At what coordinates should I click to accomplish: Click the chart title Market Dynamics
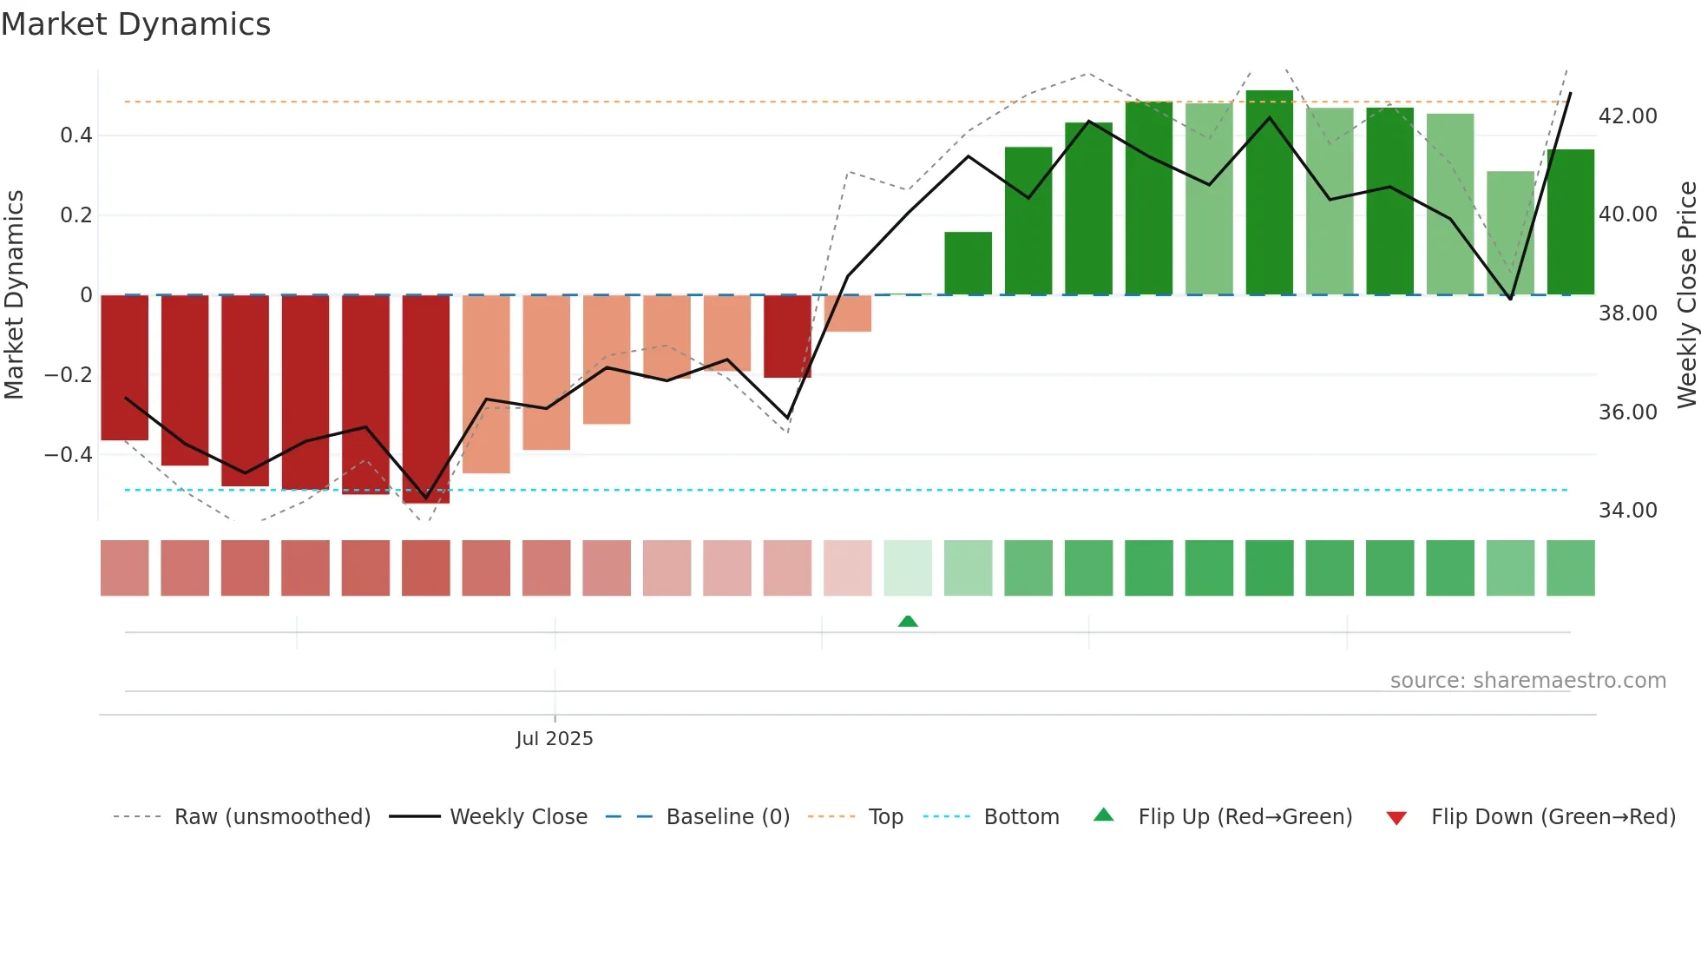tap(135, 24)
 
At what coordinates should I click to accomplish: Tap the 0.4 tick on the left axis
tap(76, 135)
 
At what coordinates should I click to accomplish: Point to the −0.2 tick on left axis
tap(69, 375)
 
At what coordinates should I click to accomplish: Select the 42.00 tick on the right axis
tap(1627, 116)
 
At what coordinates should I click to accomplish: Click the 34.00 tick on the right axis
tap(1627, 511)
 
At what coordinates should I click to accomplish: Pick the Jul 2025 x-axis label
tap(554, 739)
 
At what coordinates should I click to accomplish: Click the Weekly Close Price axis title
tap(1686, 295)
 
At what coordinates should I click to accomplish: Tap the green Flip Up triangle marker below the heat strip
tap(908, 621)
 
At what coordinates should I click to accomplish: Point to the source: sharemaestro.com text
tap(1527, 681)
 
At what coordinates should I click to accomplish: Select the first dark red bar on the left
tap(124, 367)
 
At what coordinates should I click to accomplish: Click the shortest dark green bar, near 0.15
tap(968, 263)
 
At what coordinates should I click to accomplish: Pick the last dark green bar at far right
tap(1570, 222)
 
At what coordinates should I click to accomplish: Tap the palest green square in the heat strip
tap(908, 568)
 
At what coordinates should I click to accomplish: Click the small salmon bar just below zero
tap(848, 313)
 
